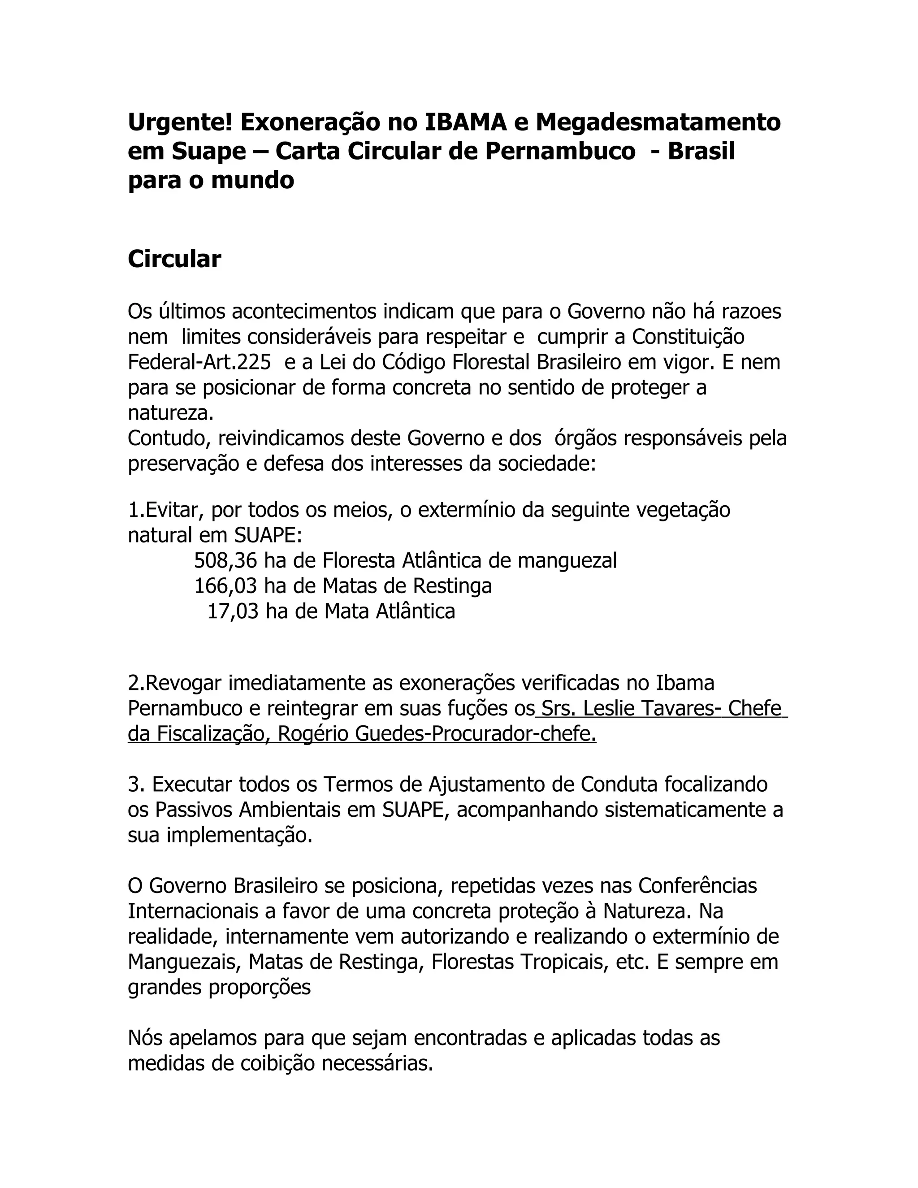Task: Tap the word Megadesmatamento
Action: coord(658,122)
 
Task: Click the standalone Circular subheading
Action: coord(174,259)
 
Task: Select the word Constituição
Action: coord(688,337)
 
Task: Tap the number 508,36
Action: coord(226,560)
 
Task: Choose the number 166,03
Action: coord(226,586)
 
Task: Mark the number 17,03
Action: coord(233,611)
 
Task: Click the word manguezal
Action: coord(567,560)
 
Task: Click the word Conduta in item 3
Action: coord(619,785)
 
